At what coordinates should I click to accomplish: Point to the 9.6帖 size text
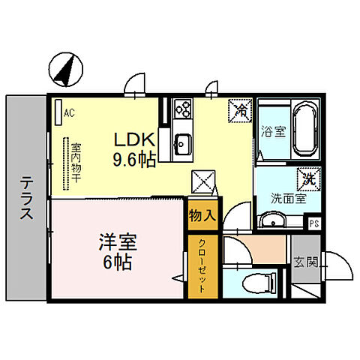(135, 158)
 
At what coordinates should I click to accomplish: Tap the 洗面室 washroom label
(288, 199)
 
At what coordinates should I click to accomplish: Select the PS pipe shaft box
(316, 223)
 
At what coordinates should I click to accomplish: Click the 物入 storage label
(202, 215)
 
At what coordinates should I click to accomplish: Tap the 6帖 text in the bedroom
(117, 263)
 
